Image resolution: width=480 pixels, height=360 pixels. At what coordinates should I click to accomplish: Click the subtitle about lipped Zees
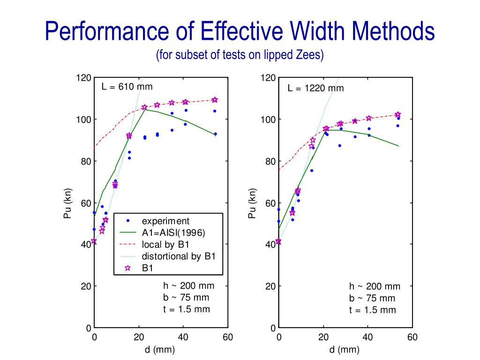pyautogui.click(x=240, y=55)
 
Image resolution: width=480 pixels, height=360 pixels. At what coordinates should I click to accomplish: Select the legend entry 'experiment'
pyautogui.click(x=165, y=221)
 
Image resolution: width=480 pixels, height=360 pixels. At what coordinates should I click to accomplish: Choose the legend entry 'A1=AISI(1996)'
pyautogui.click(x=173, y=232)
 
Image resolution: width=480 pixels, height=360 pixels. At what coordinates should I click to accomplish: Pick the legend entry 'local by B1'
pyautogui.click(x=166, y=244)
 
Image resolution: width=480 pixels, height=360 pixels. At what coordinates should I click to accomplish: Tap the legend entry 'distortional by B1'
pyautogui.click(x=178, y=256)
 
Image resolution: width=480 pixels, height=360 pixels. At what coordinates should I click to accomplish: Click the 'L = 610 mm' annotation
pyautogui.click(x=127, y=87)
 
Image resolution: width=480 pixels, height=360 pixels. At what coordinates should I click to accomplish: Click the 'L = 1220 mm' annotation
pyautogui.click(x=315, y=88)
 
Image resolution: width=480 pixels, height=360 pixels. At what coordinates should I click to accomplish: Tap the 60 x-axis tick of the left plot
pyautogui.click(x=228, y=337)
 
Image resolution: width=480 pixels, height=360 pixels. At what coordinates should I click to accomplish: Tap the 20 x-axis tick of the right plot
pyautogui.click(x=323, y=337)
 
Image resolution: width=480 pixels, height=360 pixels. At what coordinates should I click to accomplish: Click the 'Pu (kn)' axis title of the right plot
pyautogui.click(x=253, y=203)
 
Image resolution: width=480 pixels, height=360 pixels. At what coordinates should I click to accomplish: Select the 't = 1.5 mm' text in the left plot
pyautogui.click(x=187, y=309)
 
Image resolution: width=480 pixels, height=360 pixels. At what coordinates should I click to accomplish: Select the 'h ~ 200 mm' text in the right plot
pyautogui.click(x=375, y=286)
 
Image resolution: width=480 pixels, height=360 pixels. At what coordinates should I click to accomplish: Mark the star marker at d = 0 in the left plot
pyautogui.click(x=94, y=241)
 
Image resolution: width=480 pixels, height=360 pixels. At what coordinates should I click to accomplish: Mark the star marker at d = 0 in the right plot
pyautogui.click(x=279, y=241)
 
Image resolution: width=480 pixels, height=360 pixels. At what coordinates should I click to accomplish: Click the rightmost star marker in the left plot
pyautogui.click(x=215, y=100)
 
